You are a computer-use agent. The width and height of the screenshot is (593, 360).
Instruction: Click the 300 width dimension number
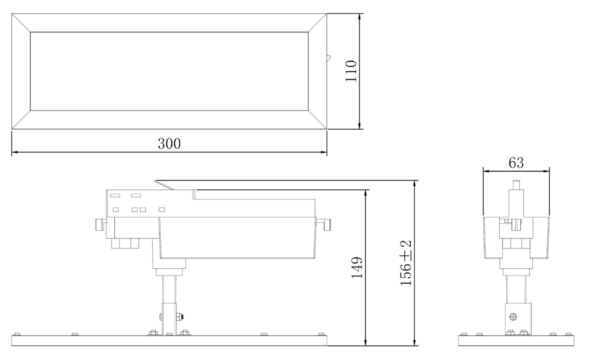point(169,143)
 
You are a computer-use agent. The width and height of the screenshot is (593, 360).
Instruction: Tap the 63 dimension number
point(516,163)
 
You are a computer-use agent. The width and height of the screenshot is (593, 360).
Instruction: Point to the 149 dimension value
point(357,268)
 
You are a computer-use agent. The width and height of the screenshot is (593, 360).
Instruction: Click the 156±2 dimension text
point(405,263)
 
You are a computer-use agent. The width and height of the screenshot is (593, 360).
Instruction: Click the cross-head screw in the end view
point(513,317)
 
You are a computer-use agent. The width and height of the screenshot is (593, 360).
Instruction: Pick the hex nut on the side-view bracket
point(179,317)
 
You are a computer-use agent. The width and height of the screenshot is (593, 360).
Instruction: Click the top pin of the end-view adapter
point(516,185)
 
